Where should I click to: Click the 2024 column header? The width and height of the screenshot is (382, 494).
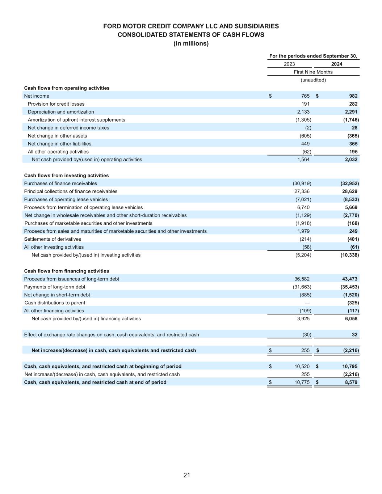(336, 64)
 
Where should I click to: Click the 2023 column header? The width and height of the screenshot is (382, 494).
(289, 64)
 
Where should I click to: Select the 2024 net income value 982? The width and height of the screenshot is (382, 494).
(353, 96)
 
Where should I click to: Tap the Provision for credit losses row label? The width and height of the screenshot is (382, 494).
(56, 104)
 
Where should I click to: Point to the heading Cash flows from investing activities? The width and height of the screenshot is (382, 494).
(66, 176)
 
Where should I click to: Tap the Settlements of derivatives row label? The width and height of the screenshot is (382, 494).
(53, 239)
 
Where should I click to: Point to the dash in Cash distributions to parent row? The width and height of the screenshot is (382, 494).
(307, 303)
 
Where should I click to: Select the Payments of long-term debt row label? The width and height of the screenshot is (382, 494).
(55, 287)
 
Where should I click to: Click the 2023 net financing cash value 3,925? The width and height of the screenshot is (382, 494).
(303, 319)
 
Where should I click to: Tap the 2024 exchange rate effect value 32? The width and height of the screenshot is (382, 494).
(354, 335)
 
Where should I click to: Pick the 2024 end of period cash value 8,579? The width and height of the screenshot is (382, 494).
(351, 382)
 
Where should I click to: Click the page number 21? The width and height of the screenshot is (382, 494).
(186, 475)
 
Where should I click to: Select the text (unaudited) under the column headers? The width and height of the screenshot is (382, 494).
(313, 80)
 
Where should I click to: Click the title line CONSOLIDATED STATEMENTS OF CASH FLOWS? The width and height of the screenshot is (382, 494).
(191, 35)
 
